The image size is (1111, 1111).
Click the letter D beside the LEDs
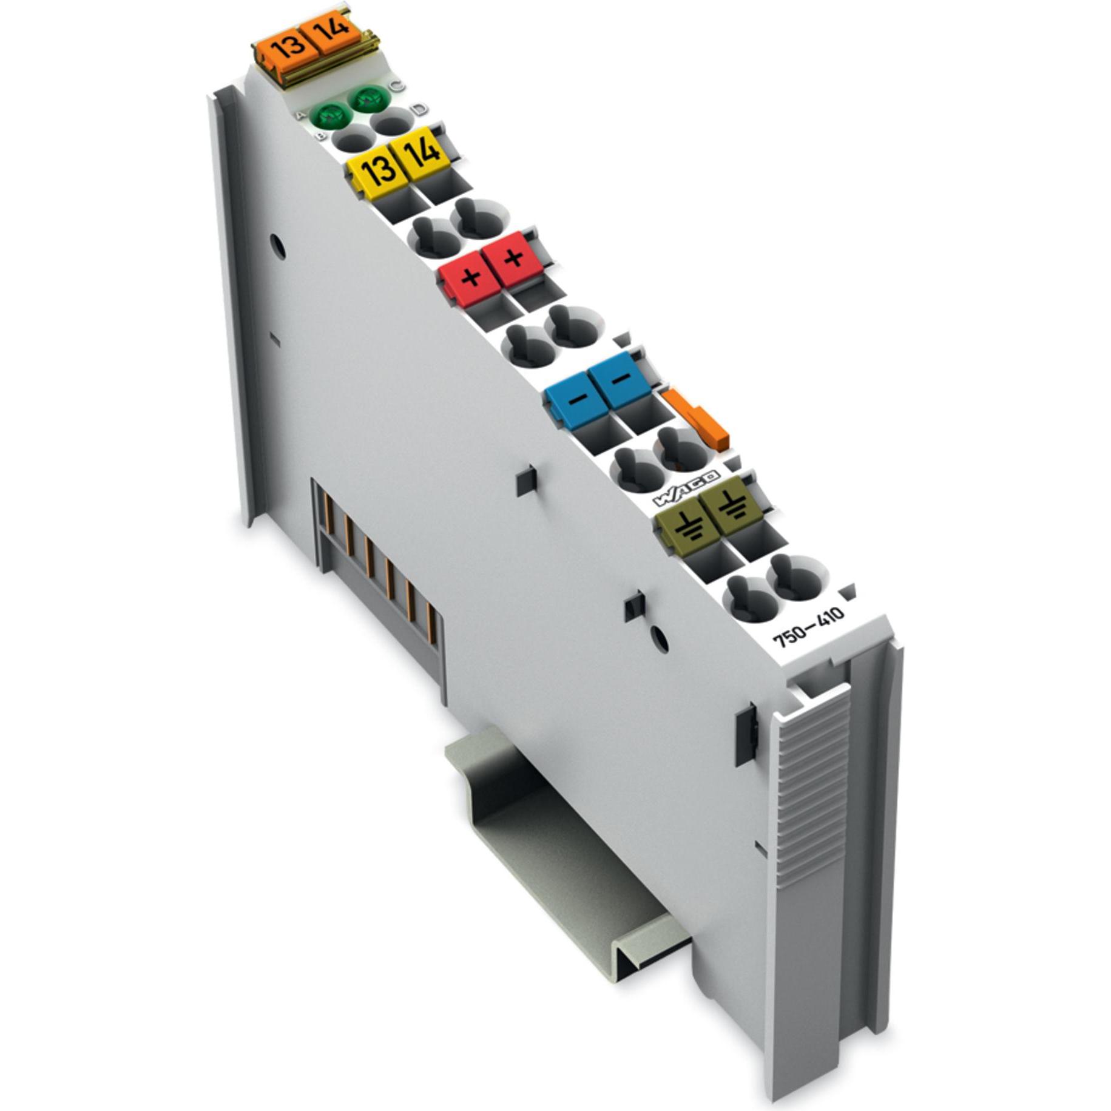click(419, 110)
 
